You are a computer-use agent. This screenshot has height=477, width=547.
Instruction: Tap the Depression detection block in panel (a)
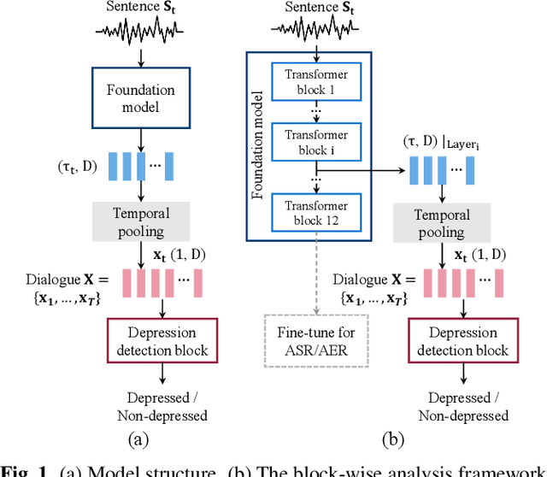162,340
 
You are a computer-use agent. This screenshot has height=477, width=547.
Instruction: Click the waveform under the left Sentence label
138,31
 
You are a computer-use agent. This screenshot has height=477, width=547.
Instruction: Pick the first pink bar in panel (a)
126,282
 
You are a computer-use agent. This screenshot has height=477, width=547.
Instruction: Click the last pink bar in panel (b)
498,282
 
